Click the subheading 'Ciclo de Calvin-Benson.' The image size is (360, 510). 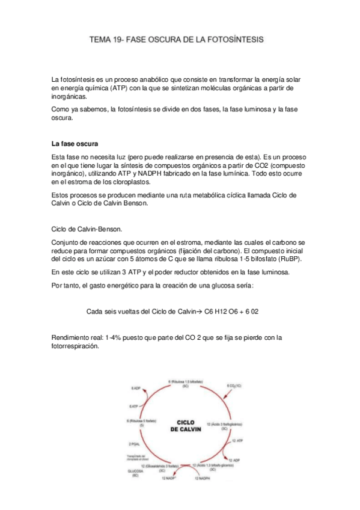pyautogui.click(x=88, y=229)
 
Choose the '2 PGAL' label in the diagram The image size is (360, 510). pyautogui.click(x=133, y=444)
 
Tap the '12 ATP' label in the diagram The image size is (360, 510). pyautogui.click(x=237, y=441)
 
